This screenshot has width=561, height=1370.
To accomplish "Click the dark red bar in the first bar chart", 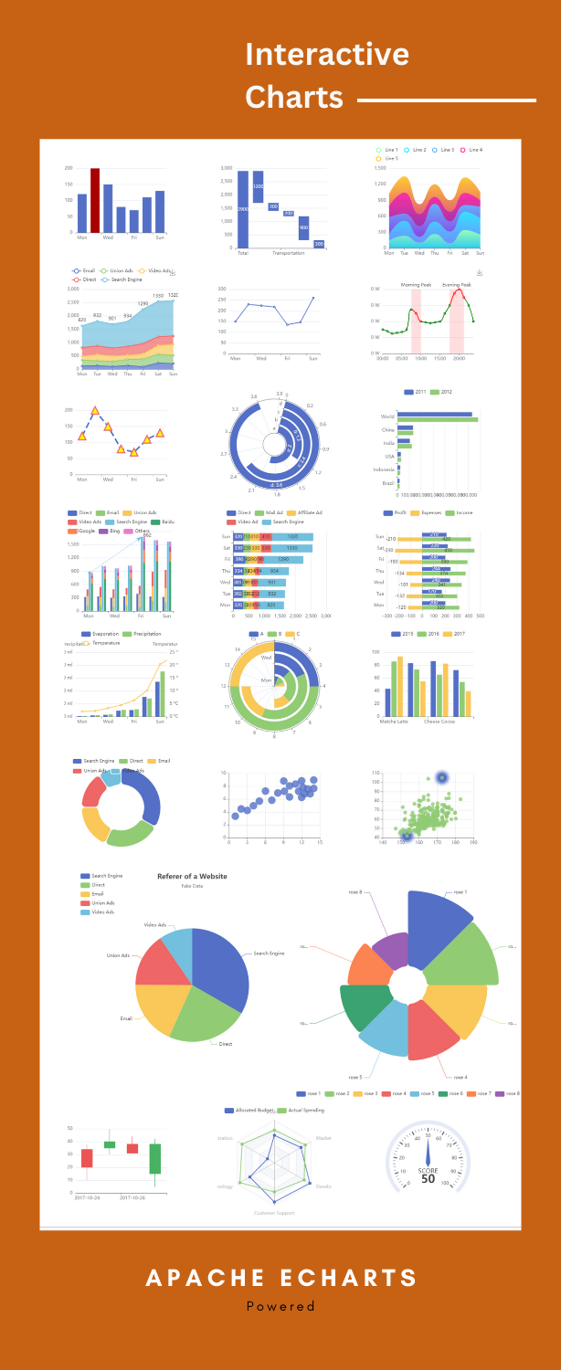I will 95,200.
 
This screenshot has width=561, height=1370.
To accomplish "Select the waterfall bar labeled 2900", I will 242,209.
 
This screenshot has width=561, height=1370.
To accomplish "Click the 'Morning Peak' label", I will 416,285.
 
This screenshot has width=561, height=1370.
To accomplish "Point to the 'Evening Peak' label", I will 457,285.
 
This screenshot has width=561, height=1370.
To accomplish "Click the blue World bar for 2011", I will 441,415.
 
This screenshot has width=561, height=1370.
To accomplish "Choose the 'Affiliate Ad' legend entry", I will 306,513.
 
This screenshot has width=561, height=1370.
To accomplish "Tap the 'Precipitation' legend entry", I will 143,634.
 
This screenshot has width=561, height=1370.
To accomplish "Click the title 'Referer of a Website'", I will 192,876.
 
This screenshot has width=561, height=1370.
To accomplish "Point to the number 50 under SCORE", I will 428,1179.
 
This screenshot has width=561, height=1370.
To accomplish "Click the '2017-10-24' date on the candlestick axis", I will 88,1196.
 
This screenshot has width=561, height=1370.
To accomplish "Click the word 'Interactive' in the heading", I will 327,55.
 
